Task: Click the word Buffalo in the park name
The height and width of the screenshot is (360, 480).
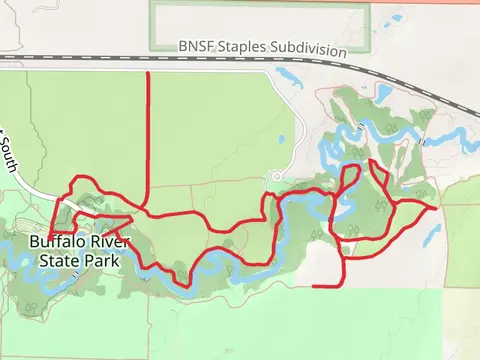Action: coord(54,242)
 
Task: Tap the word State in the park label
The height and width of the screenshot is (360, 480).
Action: coord(61,260)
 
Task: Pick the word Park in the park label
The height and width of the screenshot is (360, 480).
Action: coord(103,260)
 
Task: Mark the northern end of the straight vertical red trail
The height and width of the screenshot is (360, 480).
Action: coord(148,73)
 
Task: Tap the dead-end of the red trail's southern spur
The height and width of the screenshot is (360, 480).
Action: coord(315,286)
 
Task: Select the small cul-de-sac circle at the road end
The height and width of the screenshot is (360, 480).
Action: coord(276,178)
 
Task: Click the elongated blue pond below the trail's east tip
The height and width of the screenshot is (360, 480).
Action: coord(432,236)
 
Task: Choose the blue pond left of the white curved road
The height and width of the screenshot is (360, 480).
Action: coord(281,139)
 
